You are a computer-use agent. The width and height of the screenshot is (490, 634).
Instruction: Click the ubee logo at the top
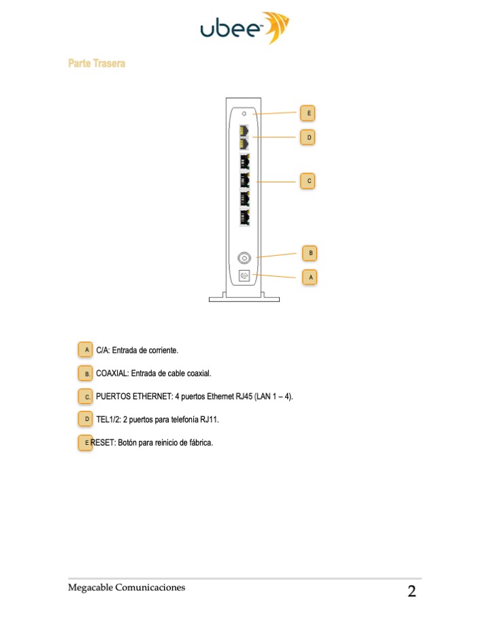click(x=245, y=28)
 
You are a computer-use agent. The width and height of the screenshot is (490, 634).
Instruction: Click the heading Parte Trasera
click(x=97, y=63)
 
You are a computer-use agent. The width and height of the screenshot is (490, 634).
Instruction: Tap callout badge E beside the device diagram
click(x=308, y=113)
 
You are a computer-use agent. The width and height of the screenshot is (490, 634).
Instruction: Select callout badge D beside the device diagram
click(x=308, y=137)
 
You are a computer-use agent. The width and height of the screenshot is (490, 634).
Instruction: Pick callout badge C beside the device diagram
click(x=308, y=181)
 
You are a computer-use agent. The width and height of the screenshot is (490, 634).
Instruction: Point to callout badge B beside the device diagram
click(x=310, y=253)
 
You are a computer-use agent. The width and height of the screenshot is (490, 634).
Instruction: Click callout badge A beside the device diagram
click(x=310, y=278)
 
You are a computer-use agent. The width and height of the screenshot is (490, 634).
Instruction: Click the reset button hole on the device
click(x=244, y=114)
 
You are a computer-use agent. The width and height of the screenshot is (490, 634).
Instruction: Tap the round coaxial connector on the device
click(x=244, y=258)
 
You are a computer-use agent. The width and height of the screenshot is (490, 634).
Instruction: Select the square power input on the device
click(x=244, y=276)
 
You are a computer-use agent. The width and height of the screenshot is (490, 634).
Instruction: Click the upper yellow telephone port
click(x=244, y=130)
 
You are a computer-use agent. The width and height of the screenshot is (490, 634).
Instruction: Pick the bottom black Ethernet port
click(x=244, y=218)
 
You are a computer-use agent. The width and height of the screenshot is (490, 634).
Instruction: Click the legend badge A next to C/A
click(x=85, y=350)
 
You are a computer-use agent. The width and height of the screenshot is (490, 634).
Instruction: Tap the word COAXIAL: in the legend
click(x=112, y=373)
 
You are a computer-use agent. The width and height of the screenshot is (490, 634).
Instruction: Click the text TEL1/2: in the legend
click(x=108, y=419)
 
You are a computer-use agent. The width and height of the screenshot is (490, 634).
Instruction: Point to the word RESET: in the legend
click(x=103, y=442)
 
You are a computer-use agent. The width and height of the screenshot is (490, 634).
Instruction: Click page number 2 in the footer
click(x=412, y=591)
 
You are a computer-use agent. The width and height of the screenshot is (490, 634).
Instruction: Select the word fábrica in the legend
click(x=200, y=442)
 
